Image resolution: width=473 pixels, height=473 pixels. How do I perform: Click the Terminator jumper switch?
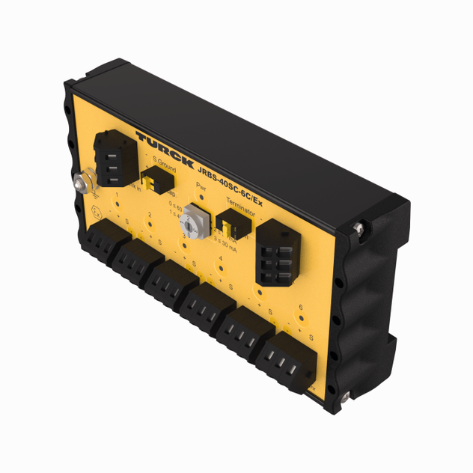point(229,222)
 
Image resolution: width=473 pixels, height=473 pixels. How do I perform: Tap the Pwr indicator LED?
point(201,197)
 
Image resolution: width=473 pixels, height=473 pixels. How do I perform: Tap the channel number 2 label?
point(150,216)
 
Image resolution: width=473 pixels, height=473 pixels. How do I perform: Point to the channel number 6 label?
point(299,307)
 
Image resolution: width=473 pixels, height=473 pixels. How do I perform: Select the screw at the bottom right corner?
point(346,396)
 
